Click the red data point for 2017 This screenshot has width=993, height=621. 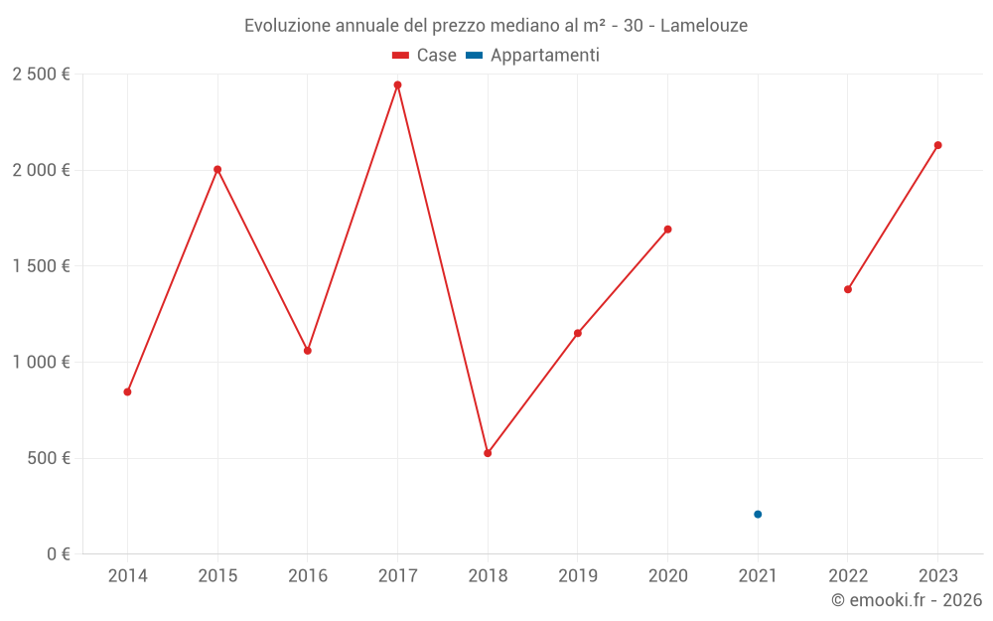point(397,84)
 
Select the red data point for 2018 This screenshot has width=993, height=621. point(488,453)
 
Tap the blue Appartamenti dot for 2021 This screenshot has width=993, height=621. point(758,514)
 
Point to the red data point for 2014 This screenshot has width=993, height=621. point(127,391)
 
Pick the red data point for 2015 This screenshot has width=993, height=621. point(217,169)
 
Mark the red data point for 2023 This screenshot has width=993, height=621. point(937,145)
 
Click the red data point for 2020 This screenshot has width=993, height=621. point(667,230)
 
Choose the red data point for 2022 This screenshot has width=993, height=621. point(848,289)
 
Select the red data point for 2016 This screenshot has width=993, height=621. point(308,351)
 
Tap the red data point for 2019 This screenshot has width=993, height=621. point(578,333)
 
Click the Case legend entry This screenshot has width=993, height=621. point(425,56)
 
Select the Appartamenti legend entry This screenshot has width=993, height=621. point(533,56)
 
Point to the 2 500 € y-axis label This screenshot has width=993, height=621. point(41,75)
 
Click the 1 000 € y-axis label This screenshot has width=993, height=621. point(41,363)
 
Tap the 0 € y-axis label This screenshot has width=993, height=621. point(56,554)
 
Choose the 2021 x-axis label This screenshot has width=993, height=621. point(758,575)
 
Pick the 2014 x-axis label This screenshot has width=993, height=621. point(127,575)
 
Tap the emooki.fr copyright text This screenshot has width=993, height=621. point(907,600)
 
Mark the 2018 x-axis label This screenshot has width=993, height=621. point(488,575)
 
